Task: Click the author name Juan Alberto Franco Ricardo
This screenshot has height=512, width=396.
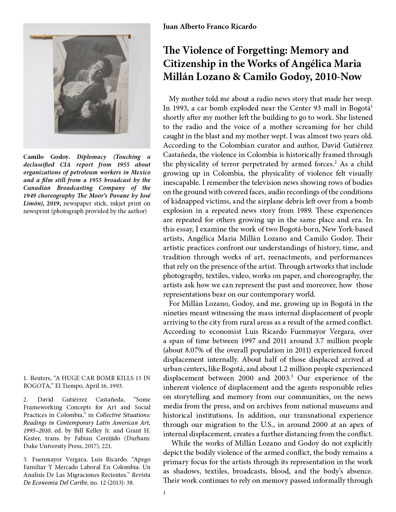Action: coord(210,27)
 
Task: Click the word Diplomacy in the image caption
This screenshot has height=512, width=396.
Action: coord(91,157)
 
